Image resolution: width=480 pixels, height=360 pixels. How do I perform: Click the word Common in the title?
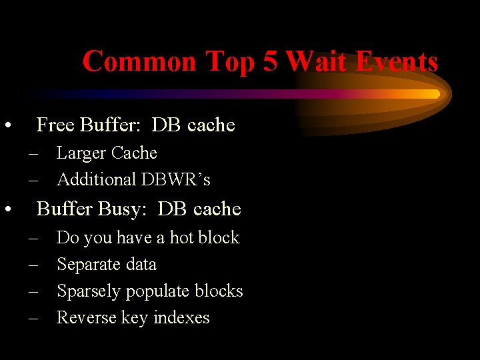[x=139, y=61]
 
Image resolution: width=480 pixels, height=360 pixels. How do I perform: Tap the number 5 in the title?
[x=270, y=61]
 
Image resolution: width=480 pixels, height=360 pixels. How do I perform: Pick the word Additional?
[x=97, y=180]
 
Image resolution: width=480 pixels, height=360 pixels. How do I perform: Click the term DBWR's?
[x=175, y=180]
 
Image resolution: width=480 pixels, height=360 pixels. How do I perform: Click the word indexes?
[x=181, y=318]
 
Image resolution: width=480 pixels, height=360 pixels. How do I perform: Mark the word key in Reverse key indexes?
[x=135, y=318]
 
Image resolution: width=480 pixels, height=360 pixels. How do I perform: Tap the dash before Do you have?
[x=34, y=238]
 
